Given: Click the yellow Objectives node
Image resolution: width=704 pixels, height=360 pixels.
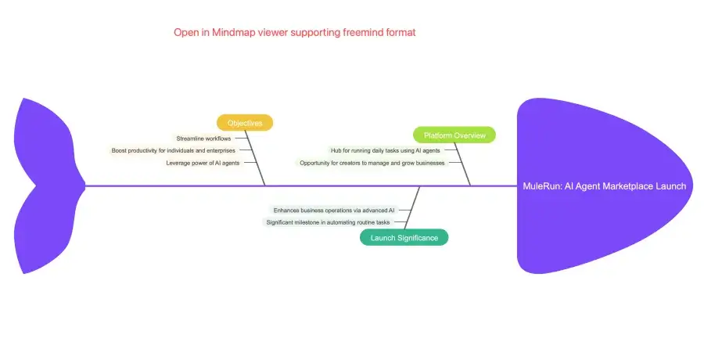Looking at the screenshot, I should [x=245, y=123].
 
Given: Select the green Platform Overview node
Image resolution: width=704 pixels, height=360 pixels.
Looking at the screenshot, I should [x=454, y=135].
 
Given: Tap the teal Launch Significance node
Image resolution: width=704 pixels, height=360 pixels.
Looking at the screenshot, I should [x=404, y=237].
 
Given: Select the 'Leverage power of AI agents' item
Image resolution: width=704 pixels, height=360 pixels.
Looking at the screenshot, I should [x=203, y=163].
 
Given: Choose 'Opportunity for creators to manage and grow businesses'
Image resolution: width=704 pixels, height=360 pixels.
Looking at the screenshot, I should [x=372, y=163].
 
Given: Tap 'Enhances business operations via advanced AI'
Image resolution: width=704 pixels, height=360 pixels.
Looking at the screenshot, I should [x=334, y=210].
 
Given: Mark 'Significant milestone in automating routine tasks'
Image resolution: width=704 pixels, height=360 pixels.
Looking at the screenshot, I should [x=328, y=222].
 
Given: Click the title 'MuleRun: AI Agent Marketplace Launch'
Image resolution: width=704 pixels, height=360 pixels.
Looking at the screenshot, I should [x=604, y=186].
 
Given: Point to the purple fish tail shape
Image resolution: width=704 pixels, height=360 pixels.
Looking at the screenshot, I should [x=43, y=186].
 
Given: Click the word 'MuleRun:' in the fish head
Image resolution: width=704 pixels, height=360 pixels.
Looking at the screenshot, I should [x=541, y=186].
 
